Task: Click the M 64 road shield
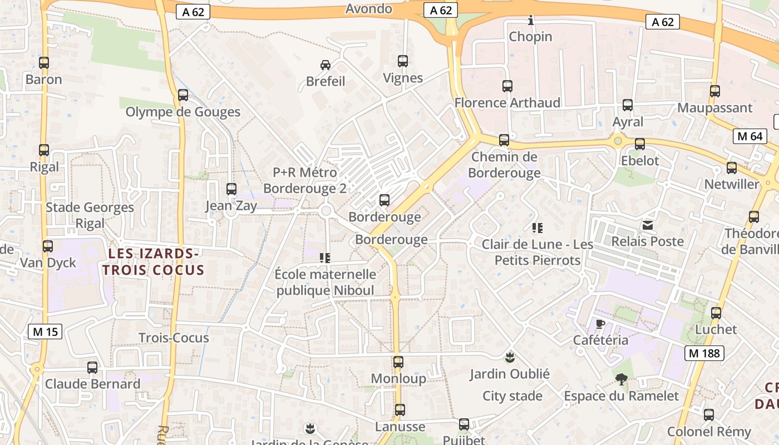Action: point(749,136)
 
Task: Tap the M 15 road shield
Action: point(45,332)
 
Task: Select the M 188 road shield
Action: point(704,353)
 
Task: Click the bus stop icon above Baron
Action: point(44,63)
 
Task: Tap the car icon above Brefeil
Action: point(326,65)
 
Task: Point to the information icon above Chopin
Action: point(531,21)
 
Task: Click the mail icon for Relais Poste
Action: point(648,225)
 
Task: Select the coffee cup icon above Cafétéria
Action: point(600,324)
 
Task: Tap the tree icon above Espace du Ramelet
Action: point(622,379)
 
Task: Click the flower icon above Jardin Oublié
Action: point(509,357)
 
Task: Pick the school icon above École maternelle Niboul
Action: point(325,258)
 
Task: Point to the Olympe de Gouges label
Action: point(183,112)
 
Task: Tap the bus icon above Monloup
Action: point(398,362)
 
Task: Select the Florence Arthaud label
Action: point(507,103)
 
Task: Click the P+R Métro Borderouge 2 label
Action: point(305,180)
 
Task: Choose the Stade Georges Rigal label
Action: point(90,215)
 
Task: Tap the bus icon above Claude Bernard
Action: point(92,368)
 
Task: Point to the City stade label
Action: point(512,396)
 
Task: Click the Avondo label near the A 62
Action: point(368,9)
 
